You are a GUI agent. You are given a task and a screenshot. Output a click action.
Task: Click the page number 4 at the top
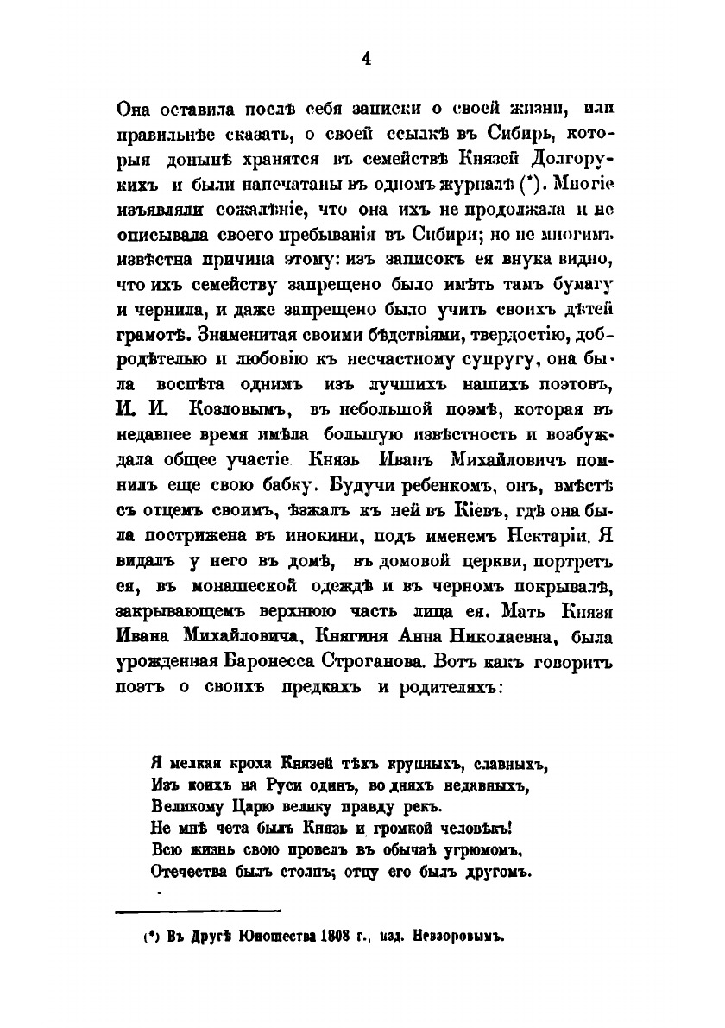click(365, 59)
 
